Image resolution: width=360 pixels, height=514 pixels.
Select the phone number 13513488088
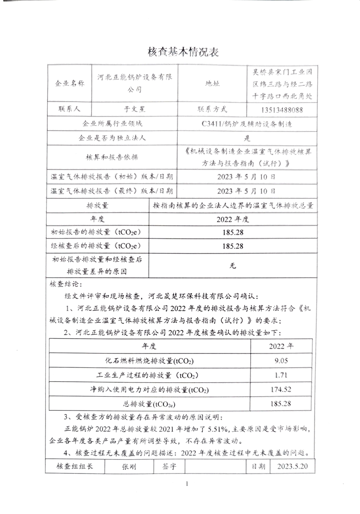tap(281, 110)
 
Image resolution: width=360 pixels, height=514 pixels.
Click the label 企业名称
tap(69, 84)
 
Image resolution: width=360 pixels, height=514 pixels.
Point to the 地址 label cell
tap(212, 84)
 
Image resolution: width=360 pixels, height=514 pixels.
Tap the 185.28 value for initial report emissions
tap(233, 232)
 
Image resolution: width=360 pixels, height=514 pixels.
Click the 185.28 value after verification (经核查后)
tap(233, 246)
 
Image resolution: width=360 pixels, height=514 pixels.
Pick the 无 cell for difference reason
tap(233, 265)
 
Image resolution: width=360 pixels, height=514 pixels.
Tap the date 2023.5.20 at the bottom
tap(293, 466)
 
